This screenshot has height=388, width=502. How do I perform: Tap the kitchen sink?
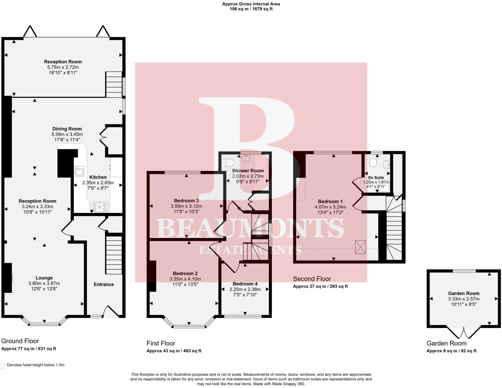pyautogui.click(x=79, y=171)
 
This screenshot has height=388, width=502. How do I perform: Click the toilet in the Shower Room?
pyautogui.click(x=228, y=163)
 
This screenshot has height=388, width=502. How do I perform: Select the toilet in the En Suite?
pyautogui.click(x=373, y=162)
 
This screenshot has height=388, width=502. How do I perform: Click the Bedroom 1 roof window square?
pyautogui.click(x=360, y=247)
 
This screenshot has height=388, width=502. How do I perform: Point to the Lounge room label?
pyautogui.click(x=44, y=278)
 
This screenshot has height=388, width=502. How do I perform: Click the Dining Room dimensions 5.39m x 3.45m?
pyautogui.click(x=67, y=134)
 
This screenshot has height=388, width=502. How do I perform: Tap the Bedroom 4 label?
pyautogui.click(x=245, y=284)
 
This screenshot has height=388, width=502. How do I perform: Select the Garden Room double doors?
pyautogui.click(x=464, y=333)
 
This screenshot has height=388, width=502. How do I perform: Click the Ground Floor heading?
pyautogui.click(x=20, y=341)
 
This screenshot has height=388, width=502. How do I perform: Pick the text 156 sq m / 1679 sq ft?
pyautogui.click(x=251, y=9)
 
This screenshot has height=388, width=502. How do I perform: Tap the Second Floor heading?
pyautogui.click(x=312, y=279)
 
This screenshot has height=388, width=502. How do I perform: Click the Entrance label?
pyautogui.click(x=104, y=284)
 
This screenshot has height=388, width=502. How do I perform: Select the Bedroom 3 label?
pyautogui.click(x=186, y=201)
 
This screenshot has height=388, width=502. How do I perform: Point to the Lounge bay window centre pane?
pyautogui.click(x=44, y=324)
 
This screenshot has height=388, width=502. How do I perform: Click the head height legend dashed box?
pyautogui.click(x=3, y=366)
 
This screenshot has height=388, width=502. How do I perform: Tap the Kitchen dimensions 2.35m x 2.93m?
pyautogui.click(x=98, y=183)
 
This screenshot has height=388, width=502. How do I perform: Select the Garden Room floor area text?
pyautogui.click(x=451, y=351)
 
